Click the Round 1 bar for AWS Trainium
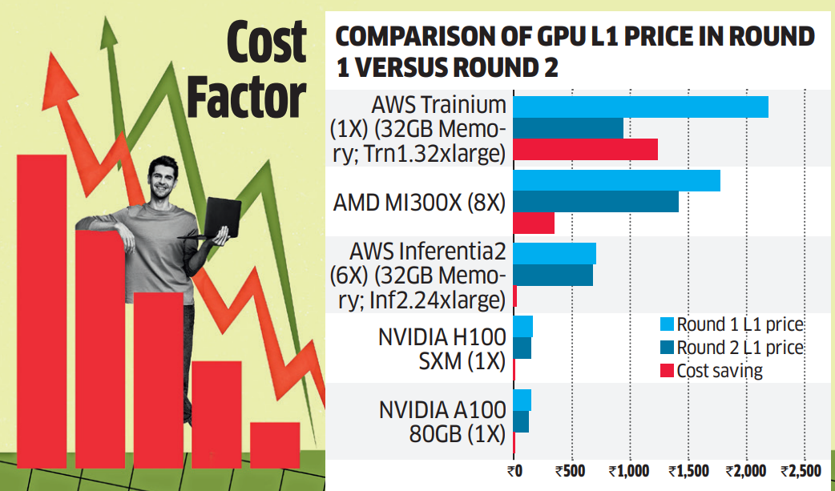pos(639,107)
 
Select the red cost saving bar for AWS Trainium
pos(585,149)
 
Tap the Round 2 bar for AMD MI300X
pos(595,202)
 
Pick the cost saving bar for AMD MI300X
pos(533,223)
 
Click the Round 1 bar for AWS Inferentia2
pos(554,253)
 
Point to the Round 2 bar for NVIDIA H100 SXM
pos(522,348)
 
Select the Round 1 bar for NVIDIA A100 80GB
pos(522,400)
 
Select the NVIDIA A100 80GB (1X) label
pos(442,422)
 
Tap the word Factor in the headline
pos(245,97)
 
